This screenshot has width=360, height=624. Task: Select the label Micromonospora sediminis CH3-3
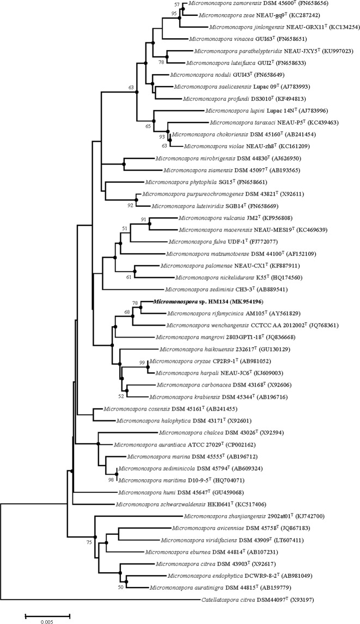202,289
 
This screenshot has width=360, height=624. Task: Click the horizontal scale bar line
47,614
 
